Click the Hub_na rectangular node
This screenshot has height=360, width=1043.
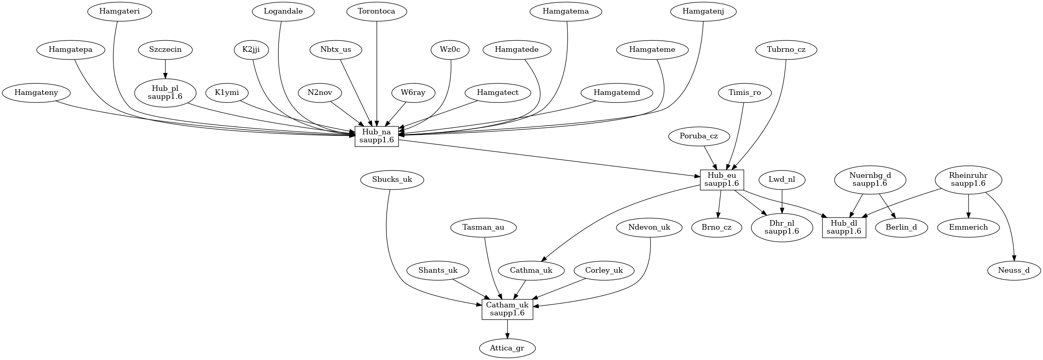[376, 136]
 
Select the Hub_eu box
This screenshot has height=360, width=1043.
[722, 180]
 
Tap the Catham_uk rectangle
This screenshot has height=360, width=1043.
[507, 309]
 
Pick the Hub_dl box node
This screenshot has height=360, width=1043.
[844, 228]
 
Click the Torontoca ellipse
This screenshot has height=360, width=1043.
[376, 11]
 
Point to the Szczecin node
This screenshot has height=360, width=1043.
[165, 50]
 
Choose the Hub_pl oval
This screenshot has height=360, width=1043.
[165, 93]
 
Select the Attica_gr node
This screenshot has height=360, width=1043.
[507, 348]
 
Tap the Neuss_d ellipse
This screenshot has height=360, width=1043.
[1014, 271]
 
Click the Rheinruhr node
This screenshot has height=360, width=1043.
[968, 179]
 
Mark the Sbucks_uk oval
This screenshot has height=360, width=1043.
[392, 179]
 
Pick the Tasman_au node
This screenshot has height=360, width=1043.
[483, 228]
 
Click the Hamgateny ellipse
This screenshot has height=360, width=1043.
[36, 93]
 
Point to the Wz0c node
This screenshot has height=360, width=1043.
[450, 50]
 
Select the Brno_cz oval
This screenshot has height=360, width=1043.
[717, 228]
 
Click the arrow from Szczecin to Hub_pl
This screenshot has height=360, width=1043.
[165, 69]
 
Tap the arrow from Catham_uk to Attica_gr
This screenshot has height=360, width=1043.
[507, 329]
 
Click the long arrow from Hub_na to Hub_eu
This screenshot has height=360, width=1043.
[549, 158]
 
